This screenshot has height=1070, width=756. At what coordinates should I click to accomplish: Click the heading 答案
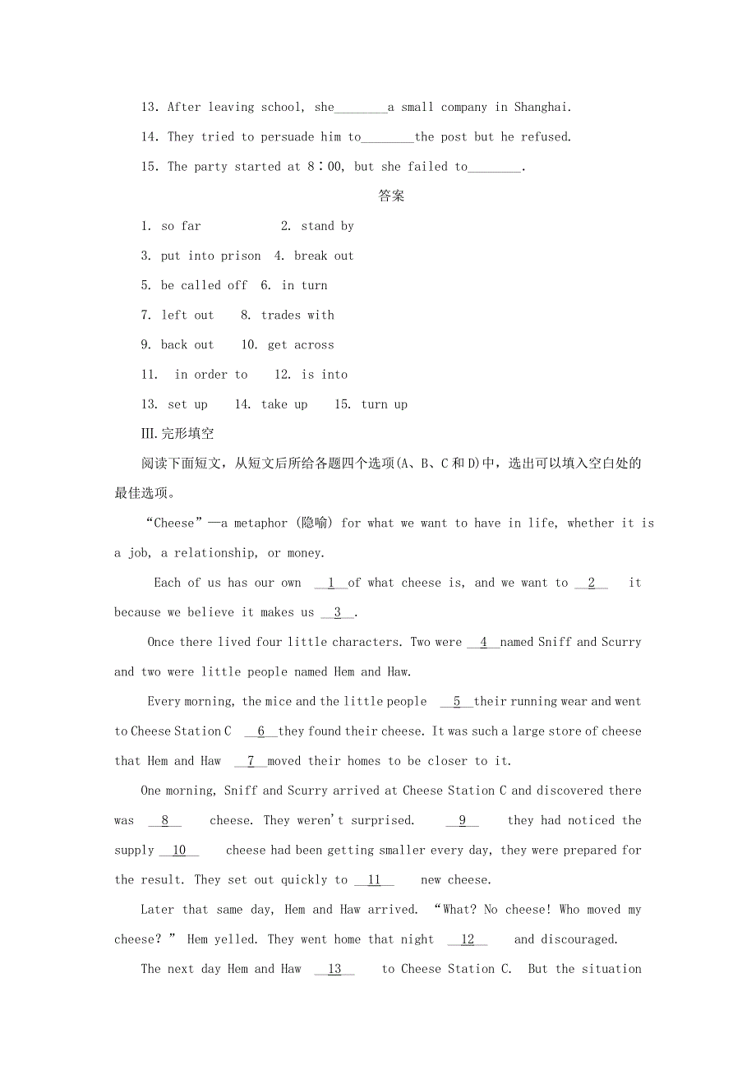point(391,196)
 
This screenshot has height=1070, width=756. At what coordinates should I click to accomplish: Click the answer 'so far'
point(181,226)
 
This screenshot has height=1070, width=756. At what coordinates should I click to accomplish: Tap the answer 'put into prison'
point(210,256)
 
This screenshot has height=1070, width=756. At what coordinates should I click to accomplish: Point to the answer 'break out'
point(324,256)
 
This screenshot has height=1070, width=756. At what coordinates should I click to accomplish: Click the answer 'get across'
point(301,344)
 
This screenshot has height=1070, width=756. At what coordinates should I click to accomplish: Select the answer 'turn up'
point(385,404)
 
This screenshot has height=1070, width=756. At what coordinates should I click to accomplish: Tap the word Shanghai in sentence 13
point(542,107)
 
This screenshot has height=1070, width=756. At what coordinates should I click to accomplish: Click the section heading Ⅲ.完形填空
point(177,434)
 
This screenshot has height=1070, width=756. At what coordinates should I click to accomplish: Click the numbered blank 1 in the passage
point(331,583)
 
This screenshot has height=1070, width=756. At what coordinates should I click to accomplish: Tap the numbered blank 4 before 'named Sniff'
point(483,642)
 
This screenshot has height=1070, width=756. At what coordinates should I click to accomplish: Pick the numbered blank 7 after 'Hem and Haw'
point(251,761)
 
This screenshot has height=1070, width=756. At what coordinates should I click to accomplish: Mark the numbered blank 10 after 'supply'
point(179,850)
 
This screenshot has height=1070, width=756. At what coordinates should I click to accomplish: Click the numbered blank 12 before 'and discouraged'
point(468,939)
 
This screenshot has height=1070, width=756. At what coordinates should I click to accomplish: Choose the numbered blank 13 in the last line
point(334,969)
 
